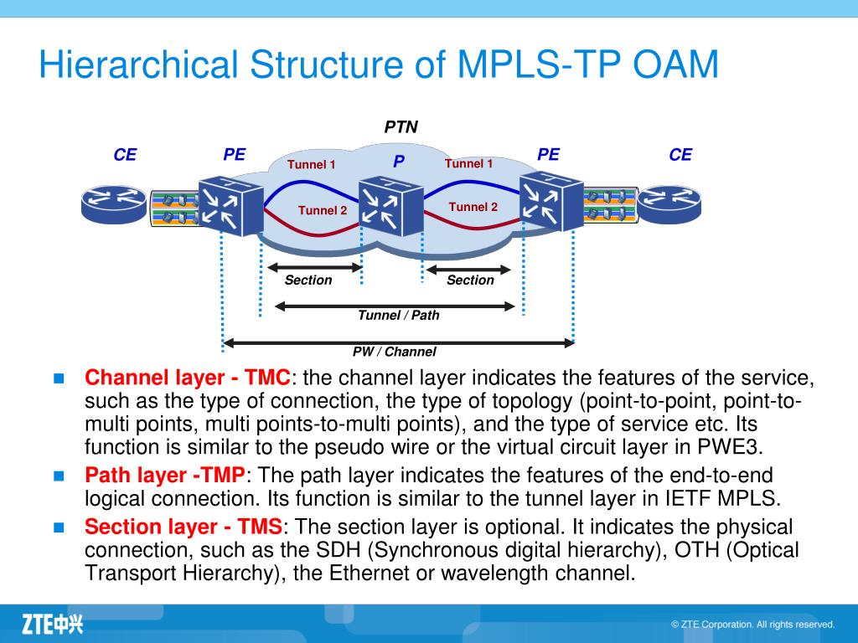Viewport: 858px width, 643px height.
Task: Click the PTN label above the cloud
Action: [x=401, y=127]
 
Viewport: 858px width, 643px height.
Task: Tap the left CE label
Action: [x=125, y=155]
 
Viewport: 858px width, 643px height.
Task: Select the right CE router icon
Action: [x=669, y=204]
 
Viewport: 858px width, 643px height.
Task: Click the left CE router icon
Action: [x=114, y=204]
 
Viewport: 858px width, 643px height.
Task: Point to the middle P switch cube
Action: [x=390, y=206]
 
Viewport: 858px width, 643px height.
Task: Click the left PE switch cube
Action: [x=230, y=206]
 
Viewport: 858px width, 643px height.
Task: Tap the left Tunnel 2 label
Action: [x=323, y=210]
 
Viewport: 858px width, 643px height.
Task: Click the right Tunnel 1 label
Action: [x=468, y=163]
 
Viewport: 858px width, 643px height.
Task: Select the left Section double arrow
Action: [x=315, y=267]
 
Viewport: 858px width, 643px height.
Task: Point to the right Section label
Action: [x=470, y=280]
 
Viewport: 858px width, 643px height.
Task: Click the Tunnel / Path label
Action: [x=398, y=316]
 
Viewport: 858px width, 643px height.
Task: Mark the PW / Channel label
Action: [x=394, y=352]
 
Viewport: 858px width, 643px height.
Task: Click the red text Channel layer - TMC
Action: [x=187, y=378]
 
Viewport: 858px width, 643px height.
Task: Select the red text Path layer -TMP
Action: [x=165, y=475]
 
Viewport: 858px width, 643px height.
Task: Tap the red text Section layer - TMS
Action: [x=183, y=527]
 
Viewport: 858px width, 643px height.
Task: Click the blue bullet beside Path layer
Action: [x=59, y=476]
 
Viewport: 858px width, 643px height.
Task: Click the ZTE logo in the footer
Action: [x=53, y=624]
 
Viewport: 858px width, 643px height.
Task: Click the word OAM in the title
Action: [x=675, y=64]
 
